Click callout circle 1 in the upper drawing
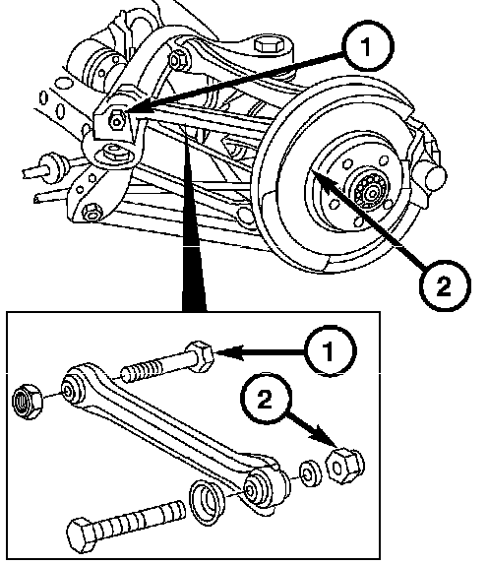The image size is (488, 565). coord(368,46)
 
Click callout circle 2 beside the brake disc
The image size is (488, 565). coord(445,285)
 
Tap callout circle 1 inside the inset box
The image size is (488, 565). coord(330,351)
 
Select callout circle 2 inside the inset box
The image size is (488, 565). coord(266,399)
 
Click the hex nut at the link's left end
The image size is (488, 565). coord(27,402)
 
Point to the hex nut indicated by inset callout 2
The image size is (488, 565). coord(344,466)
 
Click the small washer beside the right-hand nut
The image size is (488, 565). coord(310,473)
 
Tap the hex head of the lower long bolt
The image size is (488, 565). coord(82,535)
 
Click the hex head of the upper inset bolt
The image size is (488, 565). coord(200,356)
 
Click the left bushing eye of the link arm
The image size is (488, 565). coord(71,389)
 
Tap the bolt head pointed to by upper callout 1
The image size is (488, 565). coord(116,120)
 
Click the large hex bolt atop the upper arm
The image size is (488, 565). coord(269,45)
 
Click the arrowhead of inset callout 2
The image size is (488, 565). coord(324,435)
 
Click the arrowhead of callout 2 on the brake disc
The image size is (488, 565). coord(323,179)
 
